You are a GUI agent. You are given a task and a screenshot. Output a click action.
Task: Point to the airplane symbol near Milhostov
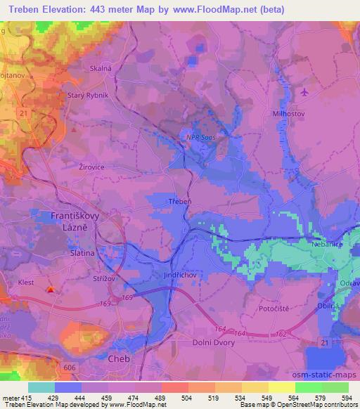pos(304,92)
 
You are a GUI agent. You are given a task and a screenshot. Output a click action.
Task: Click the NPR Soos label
pos(201,138)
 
